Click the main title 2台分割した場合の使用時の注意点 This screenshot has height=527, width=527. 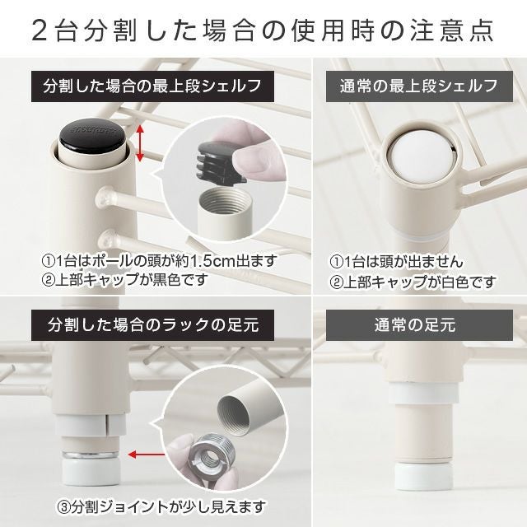pyautogui.click(x=263, y=31)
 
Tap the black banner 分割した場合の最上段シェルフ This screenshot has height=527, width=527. pyautogui.click(x=152, y=86)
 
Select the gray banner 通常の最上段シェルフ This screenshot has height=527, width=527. pyautogui.click(x=419, y=86)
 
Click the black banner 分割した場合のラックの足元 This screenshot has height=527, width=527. pyautogui.click(x=152, y=325)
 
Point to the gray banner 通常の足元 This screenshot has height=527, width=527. pyautogui.click(x=419, y=325)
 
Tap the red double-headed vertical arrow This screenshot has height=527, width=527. pyautogui.click(x=140, y=143)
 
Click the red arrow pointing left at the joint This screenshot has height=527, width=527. pyautogui.click(x=147, y=455)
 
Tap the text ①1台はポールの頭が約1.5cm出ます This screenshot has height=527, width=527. pyautogui.click(x=159, y=261)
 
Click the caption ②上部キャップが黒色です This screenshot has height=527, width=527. pyautogui.click(x=124, y=280)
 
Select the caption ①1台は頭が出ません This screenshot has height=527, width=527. pyautogui.click(x=396, y=262)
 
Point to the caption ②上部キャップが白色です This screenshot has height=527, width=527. pyautogui.click(x=413, y=282)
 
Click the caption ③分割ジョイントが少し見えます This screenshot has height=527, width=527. pyautogui.click(x=161, y=507)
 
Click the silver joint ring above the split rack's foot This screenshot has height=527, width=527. pyautogui.click(x=90, y=455)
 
